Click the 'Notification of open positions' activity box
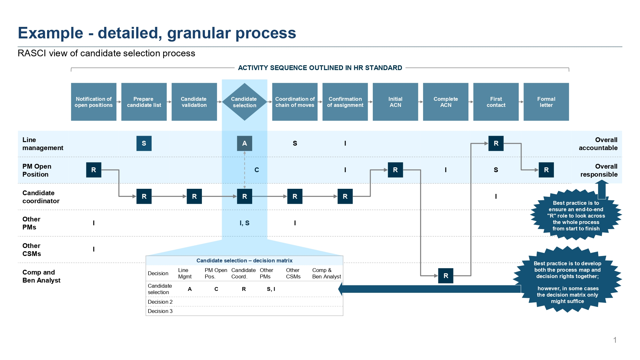(x=94, y=102)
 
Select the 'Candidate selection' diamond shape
(x=244, y=102)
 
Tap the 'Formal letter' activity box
(x=546, y=102)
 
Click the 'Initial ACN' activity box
(x=396, y=102)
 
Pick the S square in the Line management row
(x=144, y=143)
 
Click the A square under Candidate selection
(x=244, y=143)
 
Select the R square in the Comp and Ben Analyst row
(x=446, y=276)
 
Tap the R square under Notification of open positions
(x=94, y=170)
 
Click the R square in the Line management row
(x=496, y=143)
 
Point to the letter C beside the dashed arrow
(x=257, y=170)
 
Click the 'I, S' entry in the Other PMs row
(x=244, y=223)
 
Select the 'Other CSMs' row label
(x=32, y=250)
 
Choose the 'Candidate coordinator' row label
(x=41, y=197)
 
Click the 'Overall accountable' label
(x=598, y=144)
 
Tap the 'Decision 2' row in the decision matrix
(x=160, y=302)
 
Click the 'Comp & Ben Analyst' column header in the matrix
(x=326, y=273)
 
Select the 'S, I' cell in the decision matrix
(x=271, y=289)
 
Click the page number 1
(x=615, y=340)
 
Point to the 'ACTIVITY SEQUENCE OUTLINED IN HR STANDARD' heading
(x=320, y=68)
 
